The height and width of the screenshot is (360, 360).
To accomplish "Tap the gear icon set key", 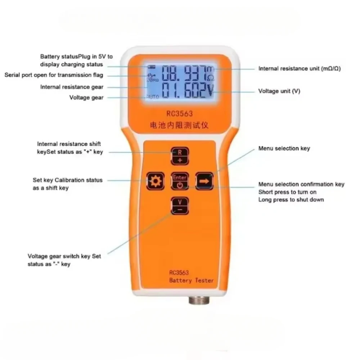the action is [x=156, y=181].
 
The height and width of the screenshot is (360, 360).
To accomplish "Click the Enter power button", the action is [x=180, y=181].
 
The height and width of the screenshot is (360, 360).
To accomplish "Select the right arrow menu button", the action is [x=204, y=181].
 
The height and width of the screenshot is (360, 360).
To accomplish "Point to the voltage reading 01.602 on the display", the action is [x=183, y=91].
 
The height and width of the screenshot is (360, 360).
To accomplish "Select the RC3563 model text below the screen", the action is [x=180, y=114].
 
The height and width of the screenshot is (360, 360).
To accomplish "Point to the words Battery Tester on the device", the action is [x=192, y=280].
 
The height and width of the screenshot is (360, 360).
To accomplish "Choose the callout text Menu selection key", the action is [x=284, y=148].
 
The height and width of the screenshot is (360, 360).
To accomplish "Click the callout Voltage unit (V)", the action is [x=279, y=91].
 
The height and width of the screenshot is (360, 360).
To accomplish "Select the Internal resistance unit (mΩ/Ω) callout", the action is [x=299, y=68].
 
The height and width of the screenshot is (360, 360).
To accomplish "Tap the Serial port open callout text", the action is [x=54, y=75].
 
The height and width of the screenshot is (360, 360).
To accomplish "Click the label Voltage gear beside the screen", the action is [x=86, y=98].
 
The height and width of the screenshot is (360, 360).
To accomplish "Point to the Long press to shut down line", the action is [x=291, y=199].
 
